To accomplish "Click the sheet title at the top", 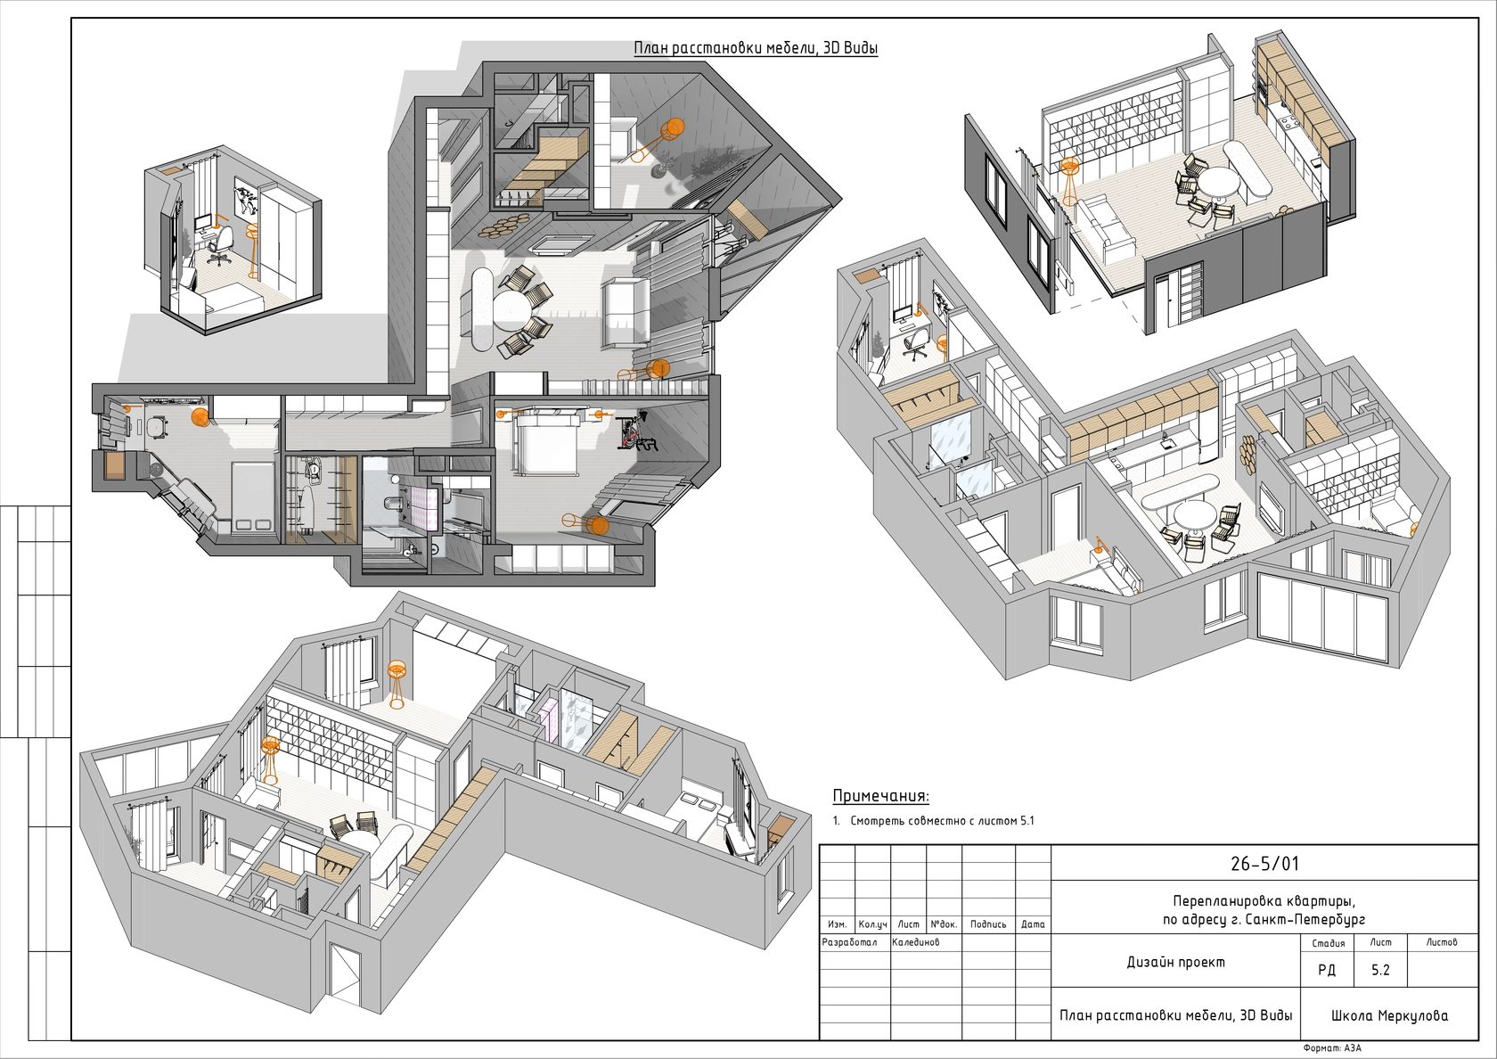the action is (x=756, y=48).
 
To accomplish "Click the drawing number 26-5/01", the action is (x=1264, y=864).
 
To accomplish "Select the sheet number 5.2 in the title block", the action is (x=1380, y=970).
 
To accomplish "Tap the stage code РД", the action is (x=1327, y=970).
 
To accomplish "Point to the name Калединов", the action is (x=916, y=942).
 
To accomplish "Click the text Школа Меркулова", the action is (x=1390, y=1016).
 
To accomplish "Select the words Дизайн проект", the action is (x=1176, y=963).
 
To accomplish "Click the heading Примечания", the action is (x=880, y=796).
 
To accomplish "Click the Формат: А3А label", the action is (x=1332, y=1047).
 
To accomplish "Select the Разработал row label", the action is (x=848, y=942).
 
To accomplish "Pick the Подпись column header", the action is (x=987, y=924).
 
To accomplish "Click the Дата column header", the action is (x=1033, y=924).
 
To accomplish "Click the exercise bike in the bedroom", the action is (x=637, y=433).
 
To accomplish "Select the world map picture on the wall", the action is (x=247, y=197).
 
